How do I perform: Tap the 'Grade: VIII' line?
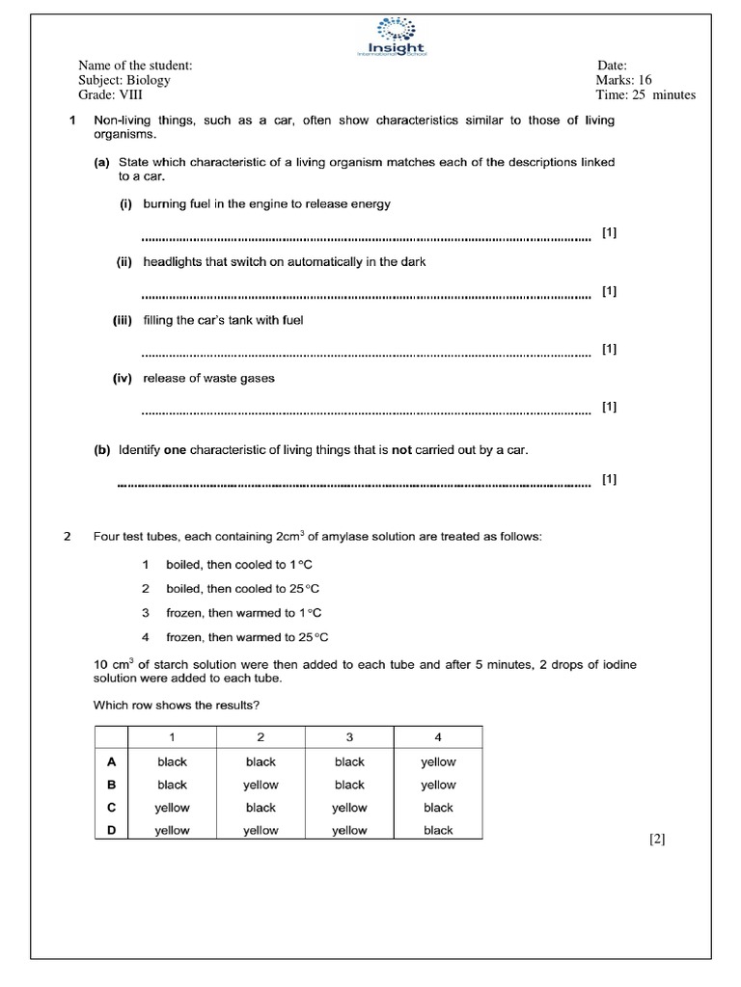(110, 94)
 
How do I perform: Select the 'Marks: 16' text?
(624, 80)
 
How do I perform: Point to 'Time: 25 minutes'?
(645, 94)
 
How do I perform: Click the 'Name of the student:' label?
(135, 66)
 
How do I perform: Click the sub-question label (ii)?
(125, 262)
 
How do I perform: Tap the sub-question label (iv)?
(125, 379)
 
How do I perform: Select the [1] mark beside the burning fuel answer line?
(609, 232)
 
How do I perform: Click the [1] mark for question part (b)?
(609, 479)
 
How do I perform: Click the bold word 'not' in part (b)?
(401, 450)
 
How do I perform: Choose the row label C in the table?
(110, 808)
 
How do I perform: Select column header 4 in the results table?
(438, 737)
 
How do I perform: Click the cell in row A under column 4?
(438, 761)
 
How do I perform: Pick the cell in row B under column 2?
(261, 785)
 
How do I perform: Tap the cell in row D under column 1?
(172, 830)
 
